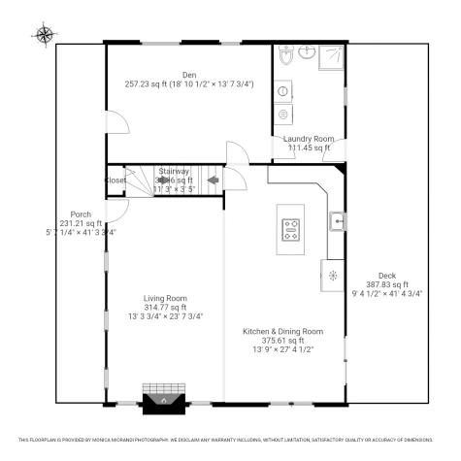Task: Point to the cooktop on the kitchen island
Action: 290,230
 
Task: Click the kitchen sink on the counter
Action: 337,222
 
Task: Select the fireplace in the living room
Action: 164,400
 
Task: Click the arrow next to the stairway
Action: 212,180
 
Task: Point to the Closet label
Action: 115,181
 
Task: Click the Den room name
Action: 189,75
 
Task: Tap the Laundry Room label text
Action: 309,139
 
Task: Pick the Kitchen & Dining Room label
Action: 282,331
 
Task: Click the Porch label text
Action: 81,214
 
